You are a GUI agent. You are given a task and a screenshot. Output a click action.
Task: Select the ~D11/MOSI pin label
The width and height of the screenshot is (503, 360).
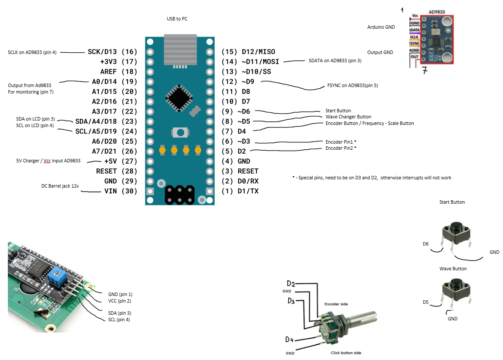tap(250, 62)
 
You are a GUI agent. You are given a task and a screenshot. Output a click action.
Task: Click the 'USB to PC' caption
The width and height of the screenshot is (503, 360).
tap(177, 19)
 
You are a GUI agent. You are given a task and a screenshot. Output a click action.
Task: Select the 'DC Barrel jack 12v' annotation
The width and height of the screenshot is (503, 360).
tap(61, 186)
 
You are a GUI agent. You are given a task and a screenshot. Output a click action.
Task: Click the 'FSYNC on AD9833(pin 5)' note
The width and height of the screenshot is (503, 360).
tap(352, 86)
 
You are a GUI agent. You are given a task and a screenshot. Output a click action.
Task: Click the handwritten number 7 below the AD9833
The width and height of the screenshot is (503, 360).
tap(425, 70)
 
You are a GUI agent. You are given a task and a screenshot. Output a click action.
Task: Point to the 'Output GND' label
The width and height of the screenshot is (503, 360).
tap(380, 52)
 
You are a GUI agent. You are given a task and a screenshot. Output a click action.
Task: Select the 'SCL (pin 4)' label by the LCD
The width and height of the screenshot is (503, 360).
tap(119, 320)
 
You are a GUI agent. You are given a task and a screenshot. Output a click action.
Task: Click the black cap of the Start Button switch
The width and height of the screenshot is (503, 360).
tap(456, 227)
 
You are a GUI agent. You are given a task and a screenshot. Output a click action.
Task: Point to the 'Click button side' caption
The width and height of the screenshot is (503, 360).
tap(346, 353)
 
